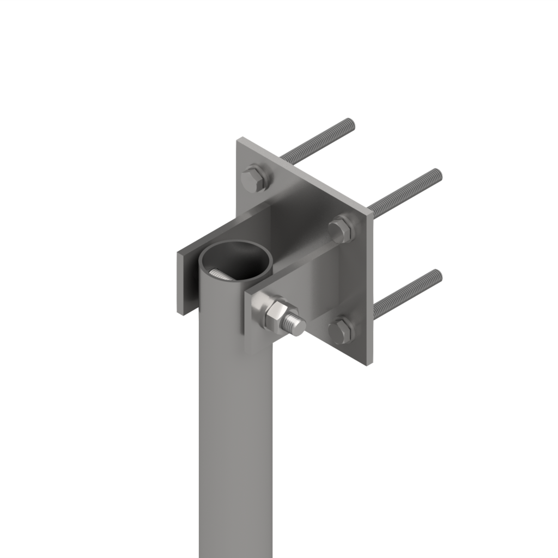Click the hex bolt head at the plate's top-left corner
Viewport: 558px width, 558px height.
(x=254, y=178)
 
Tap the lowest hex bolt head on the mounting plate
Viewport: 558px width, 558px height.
(x=342, y=331)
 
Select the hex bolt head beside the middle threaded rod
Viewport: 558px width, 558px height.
(x=342, y=229)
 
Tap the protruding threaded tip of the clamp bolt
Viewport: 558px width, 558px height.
(x=298, y=326)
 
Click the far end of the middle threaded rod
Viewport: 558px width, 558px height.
(x=437, y=174)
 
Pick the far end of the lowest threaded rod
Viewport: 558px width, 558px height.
(x=437, y=274)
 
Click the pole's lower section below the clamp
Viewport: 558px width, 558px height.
(x=234, y=436)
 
